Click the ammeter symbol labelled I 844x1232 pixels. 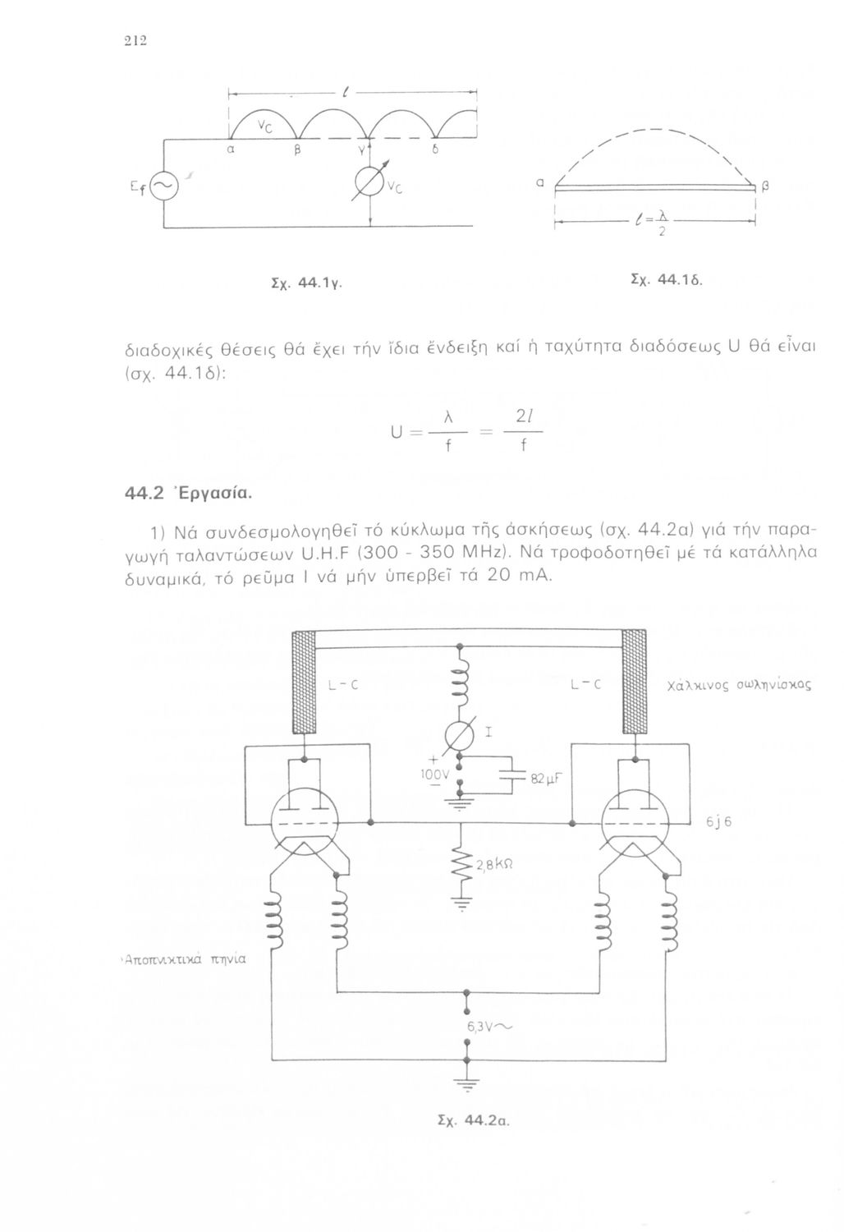pyautogui.click(x=460, y=733)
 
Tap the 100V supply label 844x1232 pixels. pyautogui.click(x=436, y=775)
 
